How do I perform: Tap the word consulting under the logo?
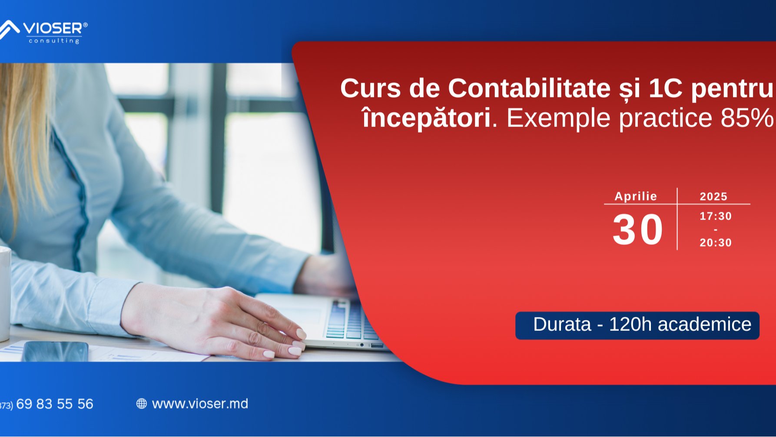pos(54,41)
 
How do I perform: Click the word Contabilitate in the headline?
pos(530,88)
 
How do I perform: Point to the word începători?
pos(426,118)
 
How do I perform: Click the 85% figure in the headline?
pos(747,118)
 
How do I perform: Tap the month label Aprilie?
pos(636,197)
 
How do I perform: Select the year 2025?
pos(713,197)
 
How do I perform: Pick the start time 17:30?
pos(716,216)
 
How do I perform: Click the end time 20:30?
pos(716,243)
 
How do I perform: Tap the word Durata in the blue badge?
pos(562,324)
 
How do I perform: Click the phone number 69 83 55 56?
pos(55,404)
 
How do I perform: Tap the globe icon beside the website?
pos(142,404)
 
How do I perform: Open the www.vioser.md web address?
pos(200,404)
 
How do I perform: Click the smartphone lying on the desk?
pos(55,351)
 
